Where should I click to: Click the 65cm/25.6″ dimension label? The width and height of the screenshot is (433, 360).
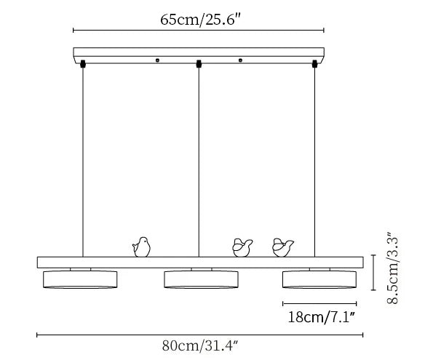tap(201, 20)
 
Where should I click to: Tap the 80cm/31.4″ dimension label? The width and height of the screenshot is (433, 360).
tap(200, 345)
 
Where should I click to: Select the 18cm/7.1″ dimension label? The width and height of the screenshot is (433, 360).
tap(321, 316)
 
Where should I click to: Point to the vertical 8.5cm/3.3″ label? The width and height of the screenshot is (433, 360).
tap(392, 268)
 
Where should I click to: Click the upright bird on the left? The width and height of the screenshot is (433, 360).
tap(142, 247)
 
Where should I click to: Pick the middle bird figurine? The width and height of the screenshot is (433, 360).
tap(242, 248)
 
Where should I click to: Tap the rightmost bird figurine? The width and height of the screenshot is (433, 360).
tap(282, 247)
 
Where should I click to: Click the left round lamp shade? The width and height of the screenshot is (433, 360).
tap(80, 279)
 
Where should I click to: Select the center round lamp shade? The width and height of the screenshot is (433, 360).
tap(201, 279)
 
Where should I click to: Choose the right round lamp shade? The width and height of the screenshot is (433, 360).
tap(319, 279)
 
